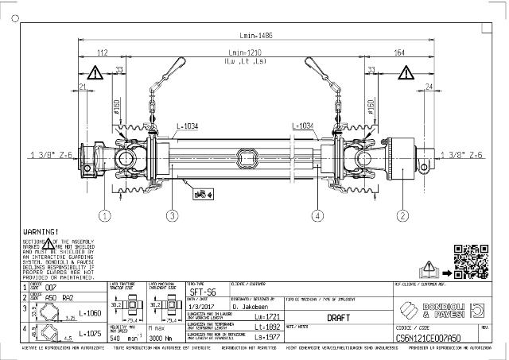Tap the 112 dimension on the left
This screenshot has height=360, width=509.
click(x=102, y=52)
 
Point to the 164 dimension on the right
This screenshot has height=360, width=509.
click(x=398, y=52)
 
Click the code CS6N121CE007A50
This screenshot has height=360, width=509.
click(x=430, y=336)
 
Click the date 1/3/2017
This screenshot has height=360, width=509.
click(x=201, y=304)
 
